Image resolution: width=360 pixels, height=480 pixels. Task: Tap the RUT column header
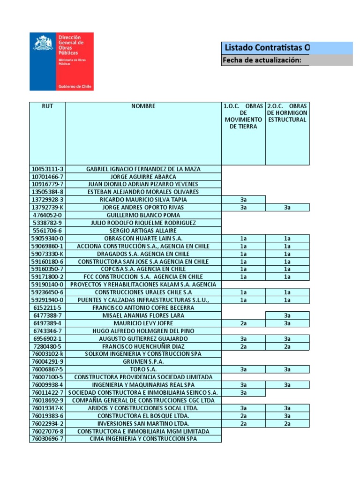click(x=47, y=106)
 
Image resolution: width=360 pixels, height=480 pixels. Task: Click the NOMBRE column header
click(x=143, y=106)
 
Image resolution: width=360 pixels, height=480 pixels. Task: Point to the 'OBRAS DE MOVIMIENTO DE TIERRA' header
click(x=243, y=116)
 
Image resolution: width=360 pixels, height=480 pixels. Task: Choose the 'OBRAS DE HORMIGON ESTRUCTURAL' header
click(x=287, y=113)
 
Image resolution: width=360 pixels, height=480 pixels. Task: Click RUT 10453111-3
click(x=47, y=169)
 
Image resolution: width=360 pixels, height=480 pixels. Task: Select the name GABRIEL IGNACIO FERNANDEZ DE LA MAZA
click(x=143, y=169)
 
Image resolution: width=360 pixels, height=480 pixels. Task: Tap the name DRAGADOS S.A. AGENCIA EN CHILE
click(x=143, y=254)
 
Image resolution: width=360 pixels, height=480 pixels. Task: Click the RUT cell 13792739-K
click(x=47, y=207)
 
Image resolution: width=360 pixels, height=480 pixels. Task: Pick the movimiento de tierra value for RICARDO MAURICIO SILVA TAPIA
click(x=243, y=200)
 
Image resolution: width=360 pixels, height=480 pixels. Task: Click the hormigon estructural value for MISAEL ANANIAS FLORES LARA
click(x=287, y=315)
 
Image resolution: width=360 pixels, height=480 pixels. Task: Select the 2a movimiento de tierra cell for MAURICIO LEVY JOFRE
click(x=243, y=323)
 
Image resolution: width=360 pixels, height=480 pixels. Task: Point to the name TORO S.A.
click(x=143, y=369)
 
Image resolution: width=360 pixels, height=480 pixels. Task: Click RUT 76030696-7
click(x=47, y=439)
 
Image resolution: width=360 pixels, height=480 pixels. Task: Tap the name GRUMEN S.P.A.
click(x=143, y=361)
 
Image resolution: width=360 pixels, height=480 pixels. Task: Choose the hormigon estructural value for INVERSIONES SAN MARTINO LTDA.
click(x=287, y=423)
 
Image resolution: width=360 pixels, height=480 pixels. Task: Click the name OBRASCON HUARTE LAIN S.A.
click(x=143, y=238)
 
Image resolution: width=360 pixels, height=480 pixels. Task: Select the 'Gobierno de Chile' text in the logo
click(x=75, y=86)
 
